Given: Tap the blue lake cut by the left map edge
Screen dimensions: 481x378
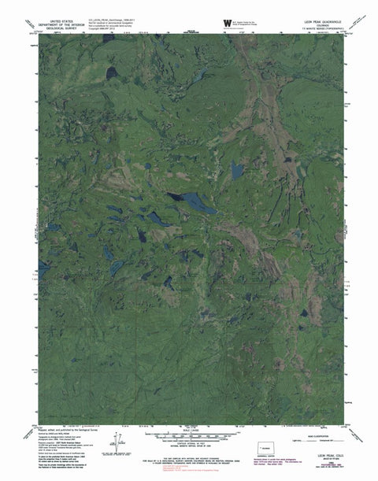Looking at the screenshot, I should (x=43, y=268).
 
